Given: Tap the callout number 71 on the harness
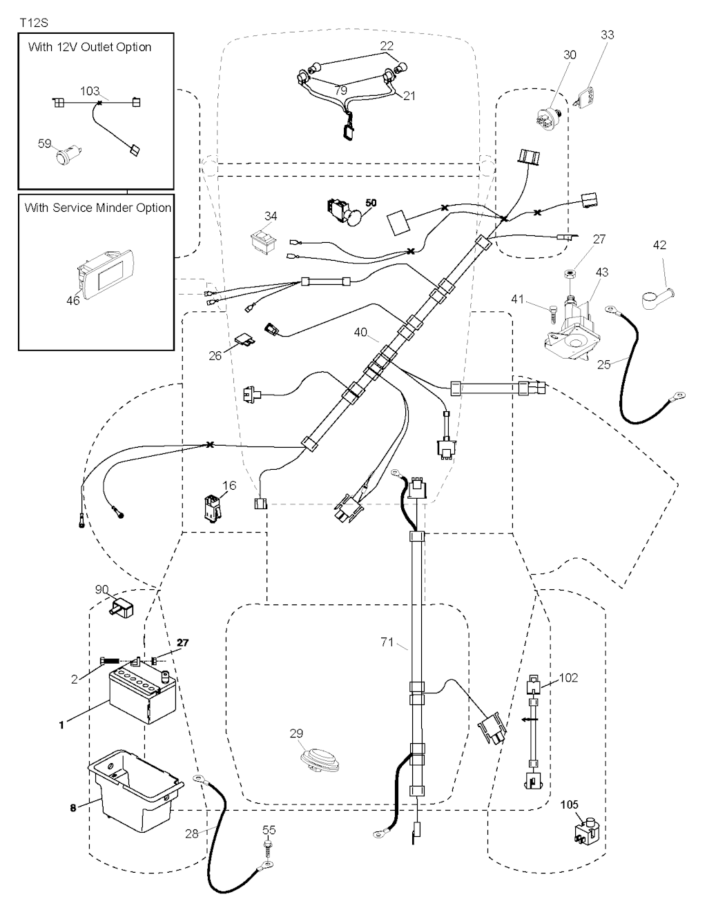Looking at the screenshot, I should (x=387, y=642).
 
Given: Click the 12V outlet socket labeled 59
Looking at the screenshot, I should (x=67, y=152).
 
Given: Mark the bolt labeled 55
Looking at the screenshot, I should (x=267, y=849).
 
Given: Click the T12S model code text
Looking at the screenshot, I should (x=33, y=23).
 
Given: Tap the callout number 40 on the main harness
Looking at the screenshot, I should (x=360, y=333).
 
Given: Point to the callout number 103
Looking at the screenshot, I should (x=90, y=91).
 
